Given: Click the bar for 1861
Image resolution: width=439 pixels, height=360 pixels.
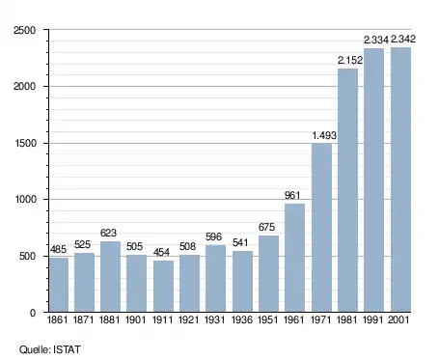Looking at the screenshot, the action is (59, 285).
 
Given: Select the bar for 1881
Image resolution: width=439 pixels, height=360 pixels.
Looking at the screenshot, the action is (110, 276).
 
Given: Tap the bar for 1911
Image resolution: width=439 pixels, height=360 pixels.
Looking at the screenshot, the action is (163, 286).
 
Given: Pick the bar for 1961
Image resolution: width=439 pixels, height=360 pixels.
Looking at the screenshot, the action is (294, 258).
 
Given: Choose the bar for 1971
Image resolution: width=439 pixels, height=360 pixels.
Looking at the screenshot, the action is (321, 228).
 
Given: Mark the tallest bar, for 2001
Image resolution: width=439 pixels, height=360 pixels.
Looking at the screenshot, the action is (400, 180).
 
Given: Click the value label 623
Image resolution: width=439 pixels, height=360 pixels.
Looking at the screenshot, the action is (108, 233).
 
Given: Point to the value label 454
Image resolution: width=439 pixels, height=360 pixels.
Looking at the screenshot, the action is (161, 252).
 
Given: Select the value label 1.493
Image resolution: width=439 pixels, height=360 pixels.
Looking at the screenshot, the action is (324, 135).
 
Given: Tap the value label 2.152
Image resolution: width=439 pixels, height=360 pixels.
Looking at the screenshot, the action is (350, 60).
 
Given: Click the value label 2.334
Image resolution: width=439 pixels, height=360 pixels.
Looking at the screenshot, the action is (376, 40).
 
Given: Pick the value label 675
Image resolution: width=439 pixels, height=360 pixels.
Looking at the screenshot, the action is (266, 227).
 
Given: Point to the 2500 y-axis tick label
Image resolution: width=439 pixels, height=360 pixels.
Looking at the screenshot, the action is (25, 30).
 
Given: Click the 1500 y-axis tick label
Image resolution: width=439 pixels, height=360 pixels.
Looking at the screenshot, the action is (26, 143).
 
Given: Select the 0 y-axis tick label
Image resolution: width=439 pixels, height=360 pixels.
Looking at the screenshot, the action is (33, 313).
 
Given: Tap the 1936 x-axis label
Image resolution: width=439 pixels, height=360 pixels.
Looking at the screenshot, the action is (242, 319).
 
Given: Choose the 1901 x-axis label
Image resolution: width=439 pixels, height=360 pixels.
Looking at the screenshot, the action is (135, 319).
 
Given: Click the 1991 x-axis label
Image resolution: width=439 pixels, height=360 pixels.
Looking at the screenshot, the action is (372, 319).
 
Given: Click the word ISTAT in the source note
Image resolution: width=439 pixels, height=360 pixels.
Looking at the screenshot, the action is (67, 349).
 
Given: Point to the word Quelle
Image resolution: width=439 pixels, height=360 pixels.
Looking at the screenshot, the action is (35, 349).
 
